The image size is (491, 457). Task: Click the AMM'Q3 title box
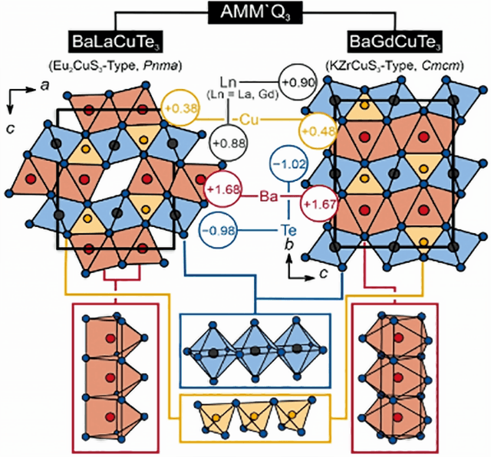[x=255, y=12]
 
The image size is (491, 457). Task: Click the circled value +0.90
[x=298, y=83]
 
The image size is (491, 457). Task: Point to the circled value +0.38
[x=181, y=108]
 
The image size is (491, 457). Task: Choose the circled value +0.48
[x=318, y=131]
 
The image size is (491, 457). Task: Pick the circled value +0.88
[x=229, y=143]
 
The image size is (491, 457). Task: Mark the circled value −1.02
[x=288, y=164]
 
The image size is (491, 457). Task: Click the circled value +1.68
[x=223, y=189]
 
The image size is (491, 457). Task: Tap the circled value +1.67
[x=319, y=204]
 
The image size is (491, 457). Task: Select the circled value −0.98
[x=219, y=231]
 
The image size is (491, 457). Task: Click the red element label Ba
[x=269, y=196]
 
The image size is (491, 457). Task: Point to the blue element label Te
[x=288, y=231]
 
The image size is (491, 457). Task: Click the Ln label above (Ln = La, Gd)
[x=228, y=82]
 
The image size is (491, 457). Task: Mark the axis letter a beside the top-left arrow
[x=45, y=86]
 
